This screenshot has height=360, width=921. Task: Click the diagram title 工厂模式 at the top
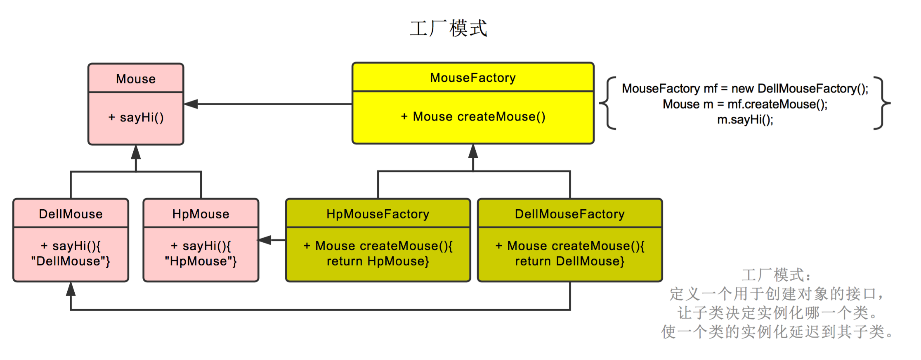pos(449,28)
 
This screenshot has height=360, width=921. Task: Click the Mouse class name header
pos(136,78)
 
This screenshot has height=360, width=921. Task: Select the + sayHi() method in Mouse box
pos(136,118)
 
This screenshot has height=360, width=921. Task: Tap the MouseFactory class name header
pos(473,78)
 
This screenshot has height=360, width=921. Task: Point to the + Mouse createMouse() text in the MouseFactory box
pos(473,117)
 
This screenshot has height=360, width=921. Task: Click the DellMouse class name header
pos(71,214)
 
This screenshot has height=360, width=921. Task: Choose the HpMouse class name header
pos(201,214)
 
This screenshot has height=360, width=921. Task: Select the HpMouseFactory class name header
pos(378,214)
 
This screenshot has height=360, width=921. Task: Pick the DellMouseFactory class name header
pos(569,214)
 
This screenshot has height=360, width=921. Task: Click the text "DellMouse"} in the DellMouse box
pos(71,261)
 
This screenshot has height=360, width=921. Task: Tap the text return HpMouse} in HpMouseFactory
pos(378,261)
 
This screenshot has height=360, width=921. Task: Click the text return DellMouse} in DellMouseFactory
pos(569,261)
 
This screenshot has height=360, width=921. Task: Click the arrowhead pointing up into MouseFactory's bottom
pos(473,151)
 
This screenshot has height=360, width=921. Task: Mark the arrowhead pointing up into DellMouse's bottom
pos(71,289)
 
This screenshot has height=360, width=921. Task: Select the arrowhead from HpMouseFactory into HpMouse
pos(265,240)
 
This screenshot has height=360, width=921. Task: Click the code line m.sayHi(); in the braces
pos(745,120)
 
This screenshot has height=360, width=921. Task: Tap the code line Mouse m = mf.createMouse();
pos(745,104)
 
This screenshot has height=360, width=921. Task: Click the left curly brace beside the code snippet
pos(607,103)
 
